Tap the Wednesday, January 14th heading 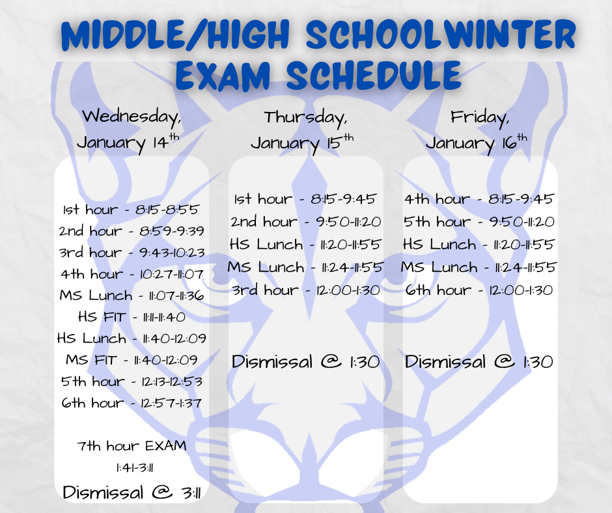coord(132,129)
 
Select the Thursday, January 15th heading coord(305,130)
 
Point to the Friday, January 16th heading coord(479,130)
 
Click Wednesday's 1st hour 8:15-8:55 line coord(131,210)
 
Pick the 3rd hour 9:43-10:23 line coord(131,253)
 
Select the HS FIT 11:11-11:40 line coord(131,317)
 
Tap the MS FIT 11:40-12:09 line coord(131,360)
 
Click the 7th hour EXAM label coord(131,446)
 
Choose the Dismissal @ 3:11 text coord(131,493)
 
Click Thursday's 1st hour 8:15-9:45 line coord(305,199)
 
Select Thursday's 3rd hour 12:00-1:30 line coord(305,290)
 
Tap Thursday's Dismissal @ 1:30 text coord(305,362)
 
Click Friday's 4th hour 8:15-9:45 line coord(479,199)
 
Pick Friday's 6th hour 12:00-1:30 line coord(479,290)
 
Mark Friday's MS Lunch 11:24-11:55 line coord(479,267)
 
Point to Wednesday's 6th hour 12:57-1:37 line coord(131,403)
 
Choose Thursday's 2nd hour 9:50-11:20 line coord(305,222)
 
